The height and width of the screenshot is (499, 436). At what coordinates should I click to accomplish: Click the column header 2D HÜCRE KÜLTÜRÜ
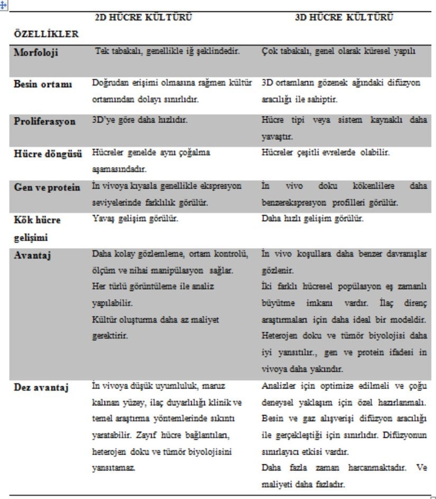(143, 17)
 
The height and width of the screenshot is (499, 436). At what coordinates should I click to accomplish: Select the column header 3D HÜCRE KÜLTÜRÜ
(344, 17)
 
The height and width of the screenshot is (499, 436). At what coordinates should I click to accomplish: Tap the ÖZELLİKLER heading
(47, 34)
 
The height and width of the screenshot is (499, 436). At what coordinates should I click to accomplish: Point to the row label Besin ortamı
(43, 84)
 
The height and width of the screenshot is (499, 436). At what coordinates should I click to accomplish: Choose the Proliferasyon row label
(44, 121)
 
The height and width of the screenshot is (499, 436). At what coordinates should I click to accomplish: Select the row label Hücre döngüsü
(48, 154)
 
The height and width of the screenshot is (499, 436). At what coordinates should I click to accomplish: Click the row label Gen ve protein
(47, 187)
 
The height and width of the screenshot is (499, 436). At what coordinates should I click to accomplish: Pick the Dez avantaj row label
(41, 387)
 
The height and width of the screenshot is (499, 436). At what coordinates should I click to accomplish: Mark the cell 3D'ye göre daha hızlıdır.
(140, 120)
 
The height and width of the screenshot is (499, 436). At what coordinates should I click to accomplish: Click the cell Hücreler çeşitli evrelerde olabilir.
(326, 153)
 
